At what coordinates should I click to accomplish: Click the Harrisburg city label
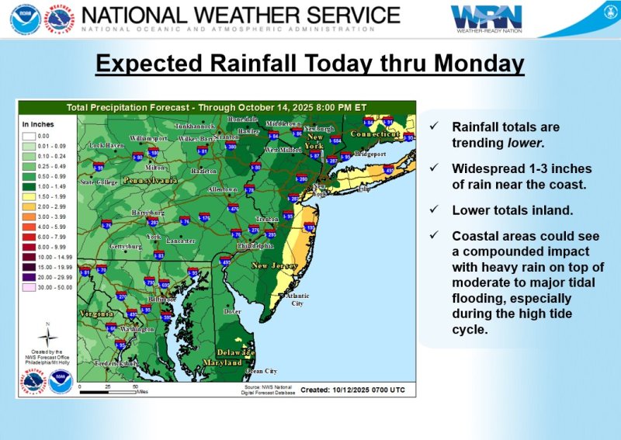[148, 212]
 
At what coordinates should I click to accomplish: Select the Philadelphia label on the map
[255, 245]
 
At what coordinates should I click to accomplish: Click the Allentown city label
[223, 189]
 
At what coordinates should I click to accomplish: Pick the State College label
[99, 182]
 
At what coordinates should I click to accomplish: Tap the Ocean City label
[261, 371]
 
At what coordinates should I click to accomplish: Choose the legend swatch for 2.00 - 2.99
[31, 207]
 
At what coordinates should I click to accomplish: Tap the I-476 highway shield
[234, 209]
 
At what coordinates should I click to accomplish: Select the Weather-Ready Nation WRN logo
[487, 18]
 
